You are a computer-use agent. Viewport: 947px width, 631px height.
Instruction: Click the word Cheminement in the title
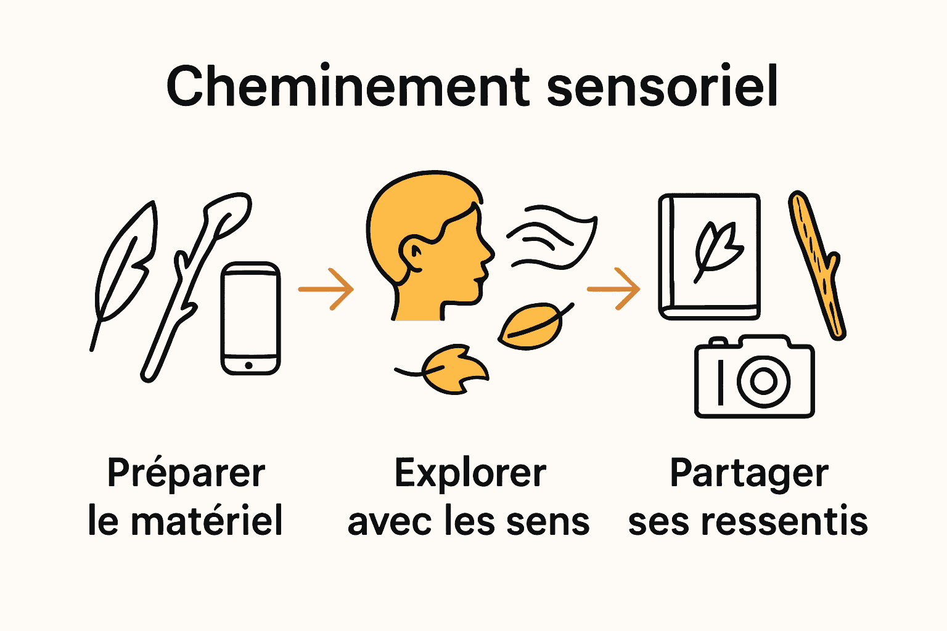click(x=348, y=86)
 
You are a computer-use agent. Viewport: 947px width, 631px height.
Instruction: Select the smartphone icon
click(x=250, y=318)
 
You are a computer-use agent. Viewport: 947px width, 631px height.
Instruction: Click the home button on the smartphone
click(x=248, y=365)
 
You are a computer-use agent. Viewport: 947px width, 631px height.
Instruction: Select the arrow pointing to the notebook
click(x=614, y=288)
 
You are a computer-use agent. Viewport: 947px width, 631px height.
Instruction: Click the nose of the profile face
click(x=490, y=253)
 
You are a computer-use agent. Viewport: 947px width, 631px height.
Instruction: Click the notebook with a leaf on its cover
click(x=709, y=256)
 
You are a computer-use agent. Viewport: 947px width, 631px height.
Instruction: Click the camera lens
click(x=763, y=380)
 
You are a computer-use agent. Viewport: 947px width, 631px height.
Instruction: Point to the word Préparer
click(x=186, y=473)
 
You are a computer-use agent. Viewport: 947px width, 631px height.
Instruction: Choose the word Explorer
click(x=470, y=473)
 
